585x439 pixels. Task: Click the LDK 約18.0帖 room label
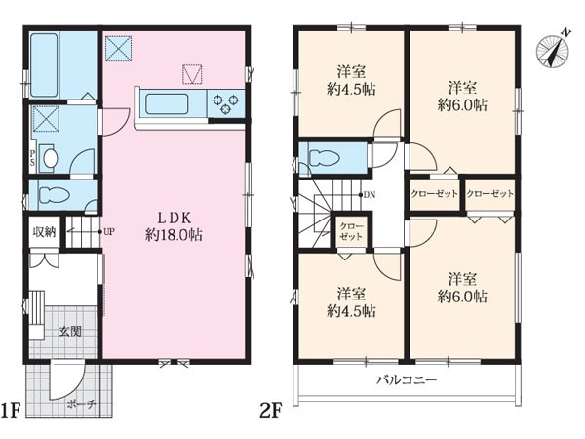click(x=174, y=226)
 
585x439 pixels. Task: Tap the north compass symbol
click(x=553, y=51)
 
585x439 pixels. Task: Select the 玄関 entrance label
click(x=70, y=331)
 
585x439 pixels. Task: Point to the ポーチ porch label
click(x=82, y=404)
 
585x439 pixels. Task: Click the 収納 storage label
click(x=45, y=232)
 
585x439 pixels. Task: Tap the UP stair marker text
click(x=109, y=232)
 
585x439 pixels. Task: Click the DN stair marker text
click(x=370, y=195)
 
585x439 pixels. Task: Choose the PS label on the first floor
click(x=33, y=158)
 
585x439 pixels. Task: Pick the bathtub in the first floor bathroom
click(x=44, y=65)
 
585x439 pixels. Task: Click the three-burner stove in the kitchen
click(x=225, y=103)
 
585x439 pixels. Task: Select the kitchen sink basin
click(x=167, y=103)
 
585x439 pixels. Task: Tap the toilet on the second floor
click(x=324, y=158)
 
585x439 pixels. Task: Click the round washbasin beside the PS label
click(x=50, y=159)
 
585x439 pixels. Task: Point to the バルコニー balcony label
click(x=407, y=380)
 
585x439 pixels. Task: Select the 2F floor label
click(x=270, y=410)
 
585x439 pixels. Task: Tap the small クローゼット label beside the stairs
click(x=351, y=232)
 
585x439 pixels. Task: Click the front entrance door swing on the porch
click(x=67, y=379)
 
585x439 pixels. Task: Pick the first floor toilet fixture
click(x=54, y=194)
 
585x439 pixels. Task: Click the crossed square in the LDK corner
click(x=118, y=48)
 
